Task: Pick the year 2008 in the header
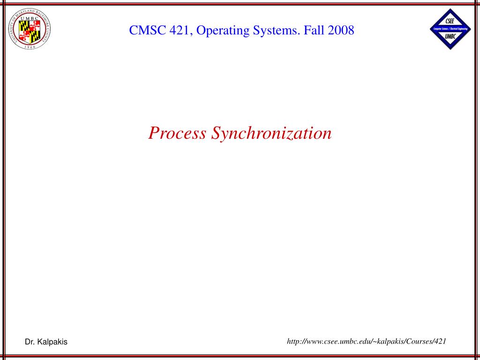[341, 31]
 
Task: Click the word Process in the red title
[177, 133]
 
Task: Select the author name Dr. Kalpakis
[46, 342]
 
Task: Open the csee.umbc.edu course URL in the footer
[366, 341]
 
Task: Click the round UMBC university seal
[30, 29]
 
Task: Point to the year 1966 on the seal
[30, 46]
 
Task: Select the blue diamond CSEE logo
[450, 29]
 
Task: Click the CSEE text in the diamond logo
[450, 21]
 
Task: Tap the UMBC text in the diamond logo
[450, 36]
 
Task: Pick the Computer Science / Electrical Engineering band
[450, 29]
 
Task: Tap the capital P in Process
[153, 133]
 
